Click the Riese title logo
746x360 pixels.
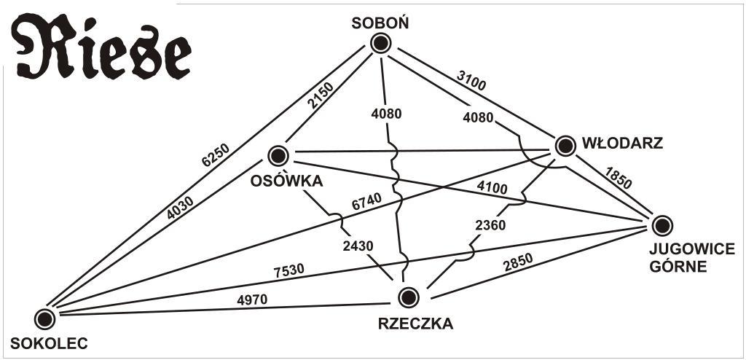pyautogui.click(x=102, y=49)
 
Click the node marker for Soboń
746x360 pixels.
pyautogui.click(x=380, y=44)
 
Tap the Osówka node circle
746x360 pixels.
pyautogui.click(x=278, y=155)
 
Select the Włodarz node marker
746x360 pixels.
pyautogui.click(x=565, y=146)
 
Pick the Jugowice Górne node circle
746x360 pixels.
pyautogui.click(x=661, y=225)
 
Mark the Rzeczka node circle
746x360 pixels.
pyautogui.click(x=409, y=297)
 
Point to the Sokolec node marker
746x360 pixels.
pyautogui.click(x=44, y=318)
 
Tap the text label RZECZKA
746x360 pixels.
pyautogui.click(x=415, y=324)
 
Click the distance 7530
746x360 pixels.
pyautogui.click(x=288, y=270)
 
